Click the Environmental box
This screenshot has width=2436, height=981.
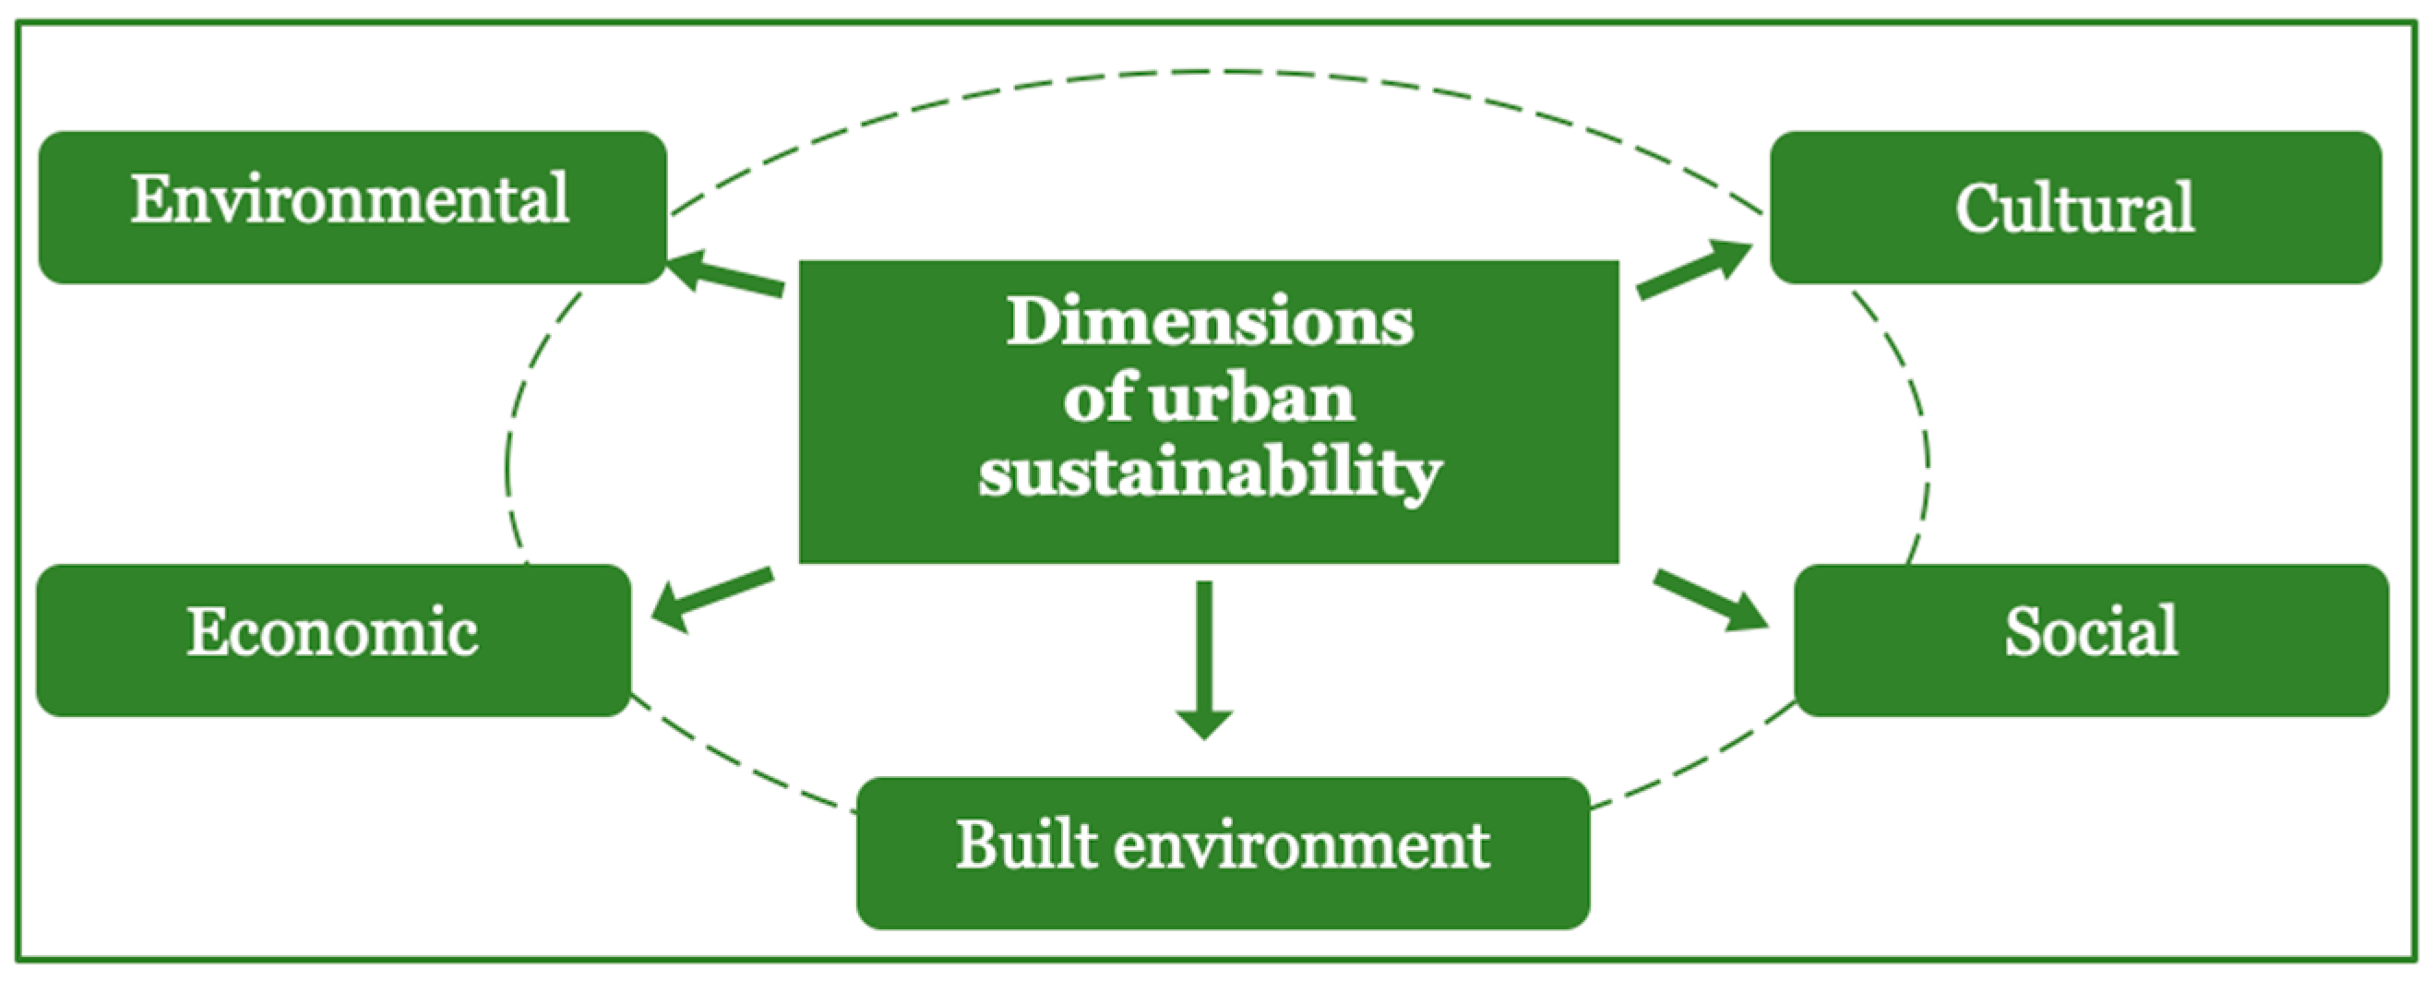(352, 206)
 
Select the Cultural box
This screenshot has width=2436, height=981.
(2075, 206)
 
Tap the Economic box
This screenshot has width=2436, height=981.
(333, 640)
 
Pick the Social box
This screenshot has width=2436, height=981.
(2091, 640)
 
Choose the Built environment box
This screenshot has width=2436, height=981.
(1222, 853)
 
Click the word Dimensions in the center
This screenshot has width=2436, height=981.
(1209, 322)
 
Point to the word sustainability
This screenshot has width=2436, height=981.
(1209, 473)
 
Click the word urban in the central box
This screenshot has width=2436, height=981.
(1253, 398)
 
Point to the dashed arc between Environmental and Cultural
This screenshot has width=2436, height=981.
(1201, 71)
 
